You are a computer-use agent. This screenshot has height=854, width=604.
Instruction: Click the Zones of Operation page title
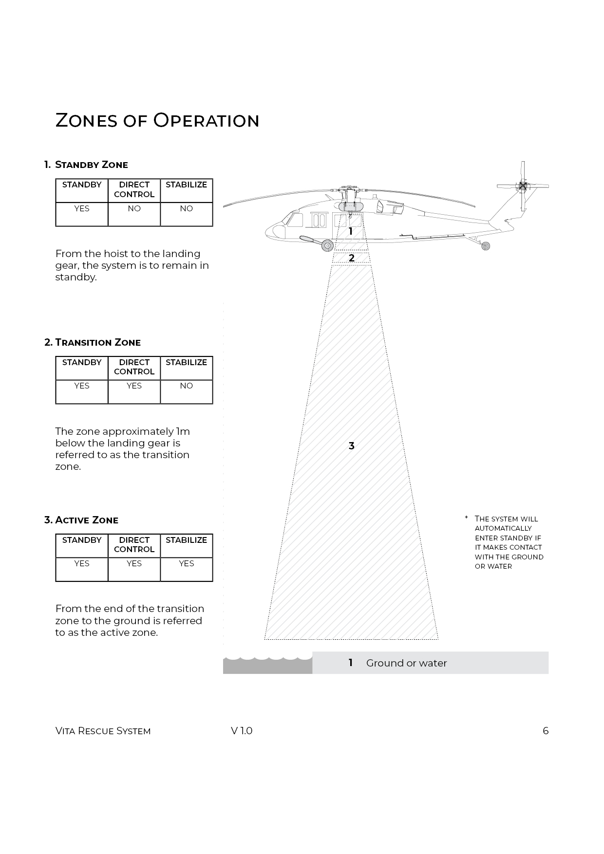pos(157,120)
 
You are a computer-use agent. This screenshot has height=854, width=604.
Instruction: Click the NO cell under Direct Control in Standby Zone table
pos(134,208)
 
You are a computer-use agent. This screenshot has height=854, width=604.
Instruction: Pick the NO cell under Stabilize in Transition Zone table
pos(186,386)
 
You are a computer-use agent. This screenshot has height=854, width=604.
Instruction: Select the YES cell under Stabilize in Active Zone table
pos(186,563)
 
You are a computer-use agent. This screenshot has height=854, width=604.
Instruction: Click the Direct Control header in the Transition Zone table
pos(134,367)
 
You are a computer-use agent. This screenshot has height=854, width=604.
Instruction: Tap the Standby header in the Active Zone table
pos(82,540)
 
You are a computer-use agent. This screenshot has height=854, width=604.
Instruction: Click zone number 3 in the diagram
pos(351,446)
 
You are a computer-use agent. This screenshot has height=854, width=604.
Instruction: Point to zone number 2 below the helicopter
pos(352,258)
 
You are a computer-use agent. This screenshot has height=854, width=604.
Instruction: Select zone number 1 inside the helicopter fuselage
pos(350,232)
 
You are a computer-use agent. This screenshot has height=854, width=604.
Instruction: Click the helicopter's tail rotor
pos(523,186)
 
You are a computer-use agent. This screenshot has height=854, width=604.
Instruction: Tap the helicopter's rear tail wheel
pos(485,246)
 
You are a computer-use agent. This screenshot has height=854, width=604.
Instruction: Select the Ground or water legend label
pos(406,663)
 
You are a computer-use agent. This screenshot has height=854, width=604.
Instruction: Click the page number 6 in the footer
pos(546,731)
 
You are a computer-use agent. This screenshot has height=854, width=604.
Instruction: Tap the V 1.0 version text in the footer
pos(242,731)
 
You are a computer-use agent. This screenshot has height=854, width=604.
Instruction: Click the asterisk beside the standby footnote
pos(466,518)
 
